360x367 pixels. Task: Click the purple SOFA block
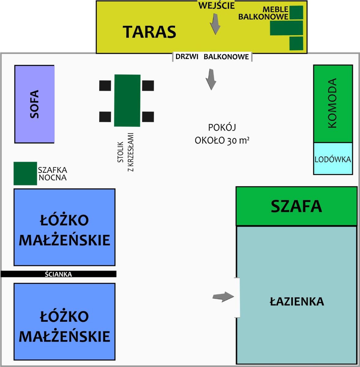35,104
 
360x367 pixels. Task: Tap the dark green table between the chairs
127,100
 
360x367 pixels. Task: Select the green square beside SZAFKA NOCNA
25,173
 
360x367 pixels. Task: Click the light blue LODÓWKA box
333,158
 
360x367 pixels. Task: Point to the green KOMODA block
333,104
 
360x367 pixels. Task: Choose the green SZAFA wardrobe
297,206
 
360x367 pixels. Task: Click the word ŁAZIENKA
297,302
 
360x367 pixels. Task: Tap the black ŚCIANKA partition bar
58,274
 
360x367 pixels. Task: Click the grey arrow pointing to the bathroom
223,297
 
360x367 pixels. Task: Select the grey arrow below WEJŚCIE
215,24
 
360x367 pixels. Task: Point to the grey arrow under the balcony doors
211,79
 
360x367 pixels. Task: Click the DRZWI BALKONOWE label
212,57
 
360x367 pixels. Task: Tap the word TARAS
149,32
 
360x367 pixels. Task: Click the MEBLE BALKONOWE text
263,13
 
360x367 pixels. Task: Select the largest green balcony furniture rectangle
287,28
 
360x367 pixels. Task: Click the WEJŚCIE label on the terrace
217,6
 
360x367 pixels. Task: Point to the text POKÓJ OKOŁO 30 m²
222,134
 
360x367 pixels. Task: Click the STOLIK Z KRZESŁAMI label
126,152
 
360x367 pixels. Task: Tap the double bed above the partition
65,227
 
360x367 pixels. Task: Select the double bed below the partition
65,322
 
